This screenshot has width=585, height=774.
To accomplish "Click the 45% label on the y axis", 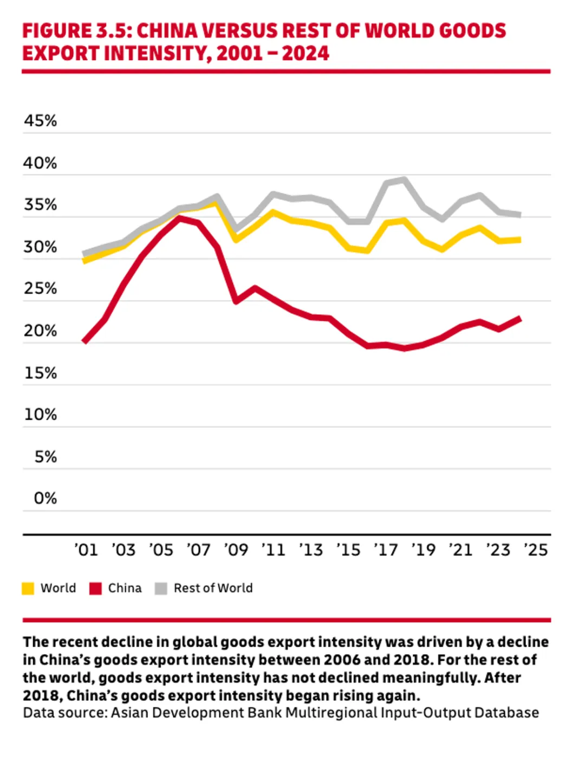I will click(40, 120).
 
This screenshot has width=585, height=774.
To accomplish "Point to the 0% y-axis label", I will click(45, 498).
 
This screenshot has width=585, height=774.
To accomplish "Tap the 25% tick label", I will click(40, 288).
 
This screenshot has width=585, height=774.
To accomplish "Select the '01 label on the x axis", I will click(86, 550).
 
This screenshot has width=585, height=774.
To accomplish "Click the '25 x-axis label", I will click(536, 550).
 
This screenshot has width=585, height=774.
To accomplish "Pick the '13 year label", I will click(311, 550).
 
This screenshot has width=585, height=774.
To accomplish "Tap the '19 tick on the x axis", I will click(423, 550).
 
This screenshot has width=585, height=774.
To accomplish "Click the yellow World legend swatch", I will click(28, 589).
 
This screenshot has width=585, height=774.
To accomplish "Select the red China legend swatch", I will click(96, 589).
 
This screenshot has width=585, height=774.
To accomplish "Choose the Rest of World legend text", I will click(213, 588).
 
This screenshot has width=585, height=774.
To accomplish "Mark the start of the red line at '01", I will click(84, 341).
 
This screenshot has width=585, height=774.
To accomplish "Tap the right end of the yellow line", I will click(519, 240).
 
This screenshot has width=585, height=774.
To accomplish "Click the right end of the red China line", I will click(519, 318).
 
